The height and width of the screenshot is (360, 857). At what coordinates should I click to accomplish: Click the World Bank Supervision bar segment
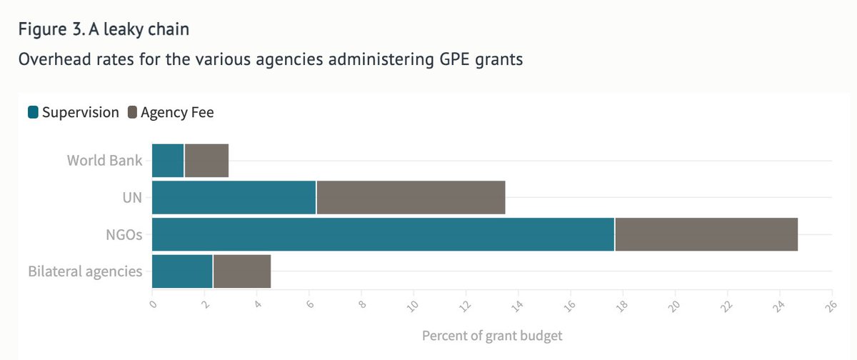point(168,160)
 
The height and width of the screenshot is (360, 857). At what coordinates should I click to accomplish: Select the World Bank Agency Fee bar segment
point(206,160)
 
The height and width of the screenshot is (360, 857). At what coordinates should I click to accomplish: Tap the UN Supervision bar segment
point(234,197)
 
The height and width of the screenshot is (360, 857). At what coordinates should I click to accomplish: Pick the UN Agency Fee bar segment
point(411,197)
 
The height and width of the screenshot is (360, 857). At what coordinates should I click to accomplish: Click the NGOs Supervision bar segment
point(383,234)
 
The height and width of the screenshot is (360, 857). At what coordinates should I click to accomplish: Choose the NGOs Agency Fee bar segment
point(706,234)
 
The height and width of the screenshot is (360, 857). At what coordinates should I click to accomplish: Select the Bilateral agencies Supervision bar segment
point(182,271)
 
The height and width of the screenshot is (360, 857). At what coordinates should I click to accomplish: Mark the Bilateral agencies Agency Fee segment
point(241,271)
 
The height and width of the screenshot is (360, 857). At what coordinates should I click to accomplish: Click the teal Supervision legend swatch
point(33,112)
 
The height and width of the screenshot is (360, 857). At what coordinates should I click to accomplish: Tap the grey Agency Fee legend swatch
point(132,112)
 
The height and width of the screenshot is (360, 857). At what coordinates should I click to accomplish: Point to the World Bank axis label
point(104,160)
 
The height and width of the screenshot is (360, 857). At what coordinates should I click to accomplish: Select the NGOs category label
point(125,234)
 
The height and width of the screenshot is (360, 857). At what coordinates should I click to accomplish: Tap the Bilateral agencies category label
point(85,271)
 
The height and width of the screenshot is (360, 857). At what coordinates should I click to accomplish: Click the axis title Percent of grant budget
point(492,335)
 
